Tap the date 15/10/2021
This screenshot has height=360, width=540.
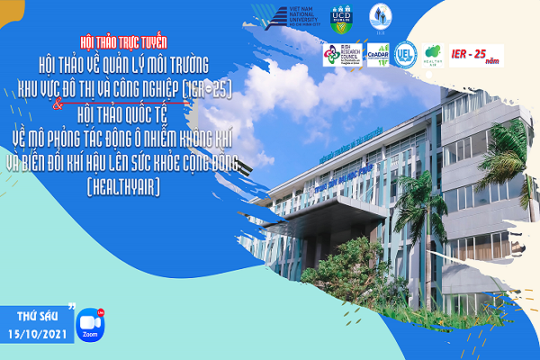click(x=35, y=335)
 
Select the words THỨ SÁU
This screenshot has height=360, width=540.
click(x=36, y=317)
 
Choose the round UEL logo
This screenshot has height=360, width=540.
click(x=407, y=53)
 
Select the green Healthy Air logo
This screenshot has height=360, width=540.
click(x=435, y=53)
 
